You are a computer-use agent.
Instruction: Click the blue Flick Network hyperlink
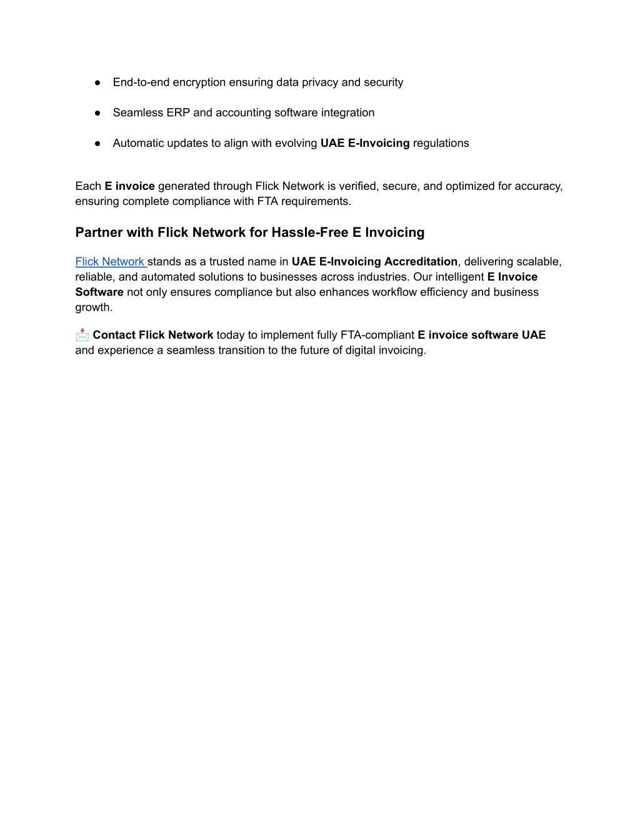pos(110,262)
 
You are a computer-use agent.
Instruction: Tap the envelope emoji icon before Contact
pos(82,336)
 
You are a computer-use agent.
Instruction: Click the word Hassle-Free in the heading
pos(310,232)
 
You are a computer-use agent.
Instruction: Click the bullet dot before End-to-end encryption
pos(98,82)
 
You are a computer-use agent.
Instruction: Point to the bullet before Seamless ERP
pos(98,113)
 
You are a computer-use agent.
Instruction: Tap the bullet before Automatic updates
pos(98,144)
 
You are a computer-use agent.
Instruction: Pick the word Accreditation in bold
pos(421,262)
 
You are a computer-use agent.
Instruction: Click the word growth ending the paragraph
pos(92,307)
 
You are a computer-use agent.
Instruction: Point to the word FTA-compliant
pos(377,335)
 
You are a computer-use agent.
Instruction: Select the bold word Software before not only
pos(99,292)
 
